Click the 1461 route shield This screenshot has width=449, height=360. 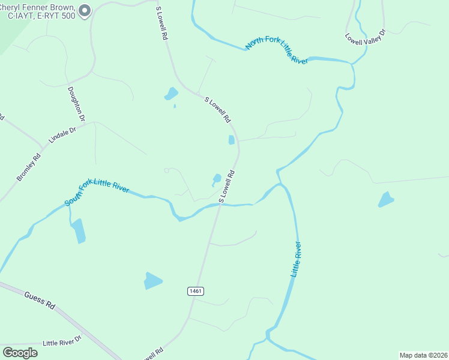point(196,291)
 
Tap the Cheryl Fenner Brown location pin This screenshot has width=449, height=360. point(85,10)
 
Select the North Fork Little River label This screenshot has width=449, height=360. point(276,52)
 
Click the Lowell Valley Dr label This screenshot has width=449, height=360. point(364,37)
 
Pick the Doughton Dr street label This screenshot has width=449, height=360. point(77,103)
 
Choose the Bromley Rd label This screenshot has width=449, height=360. point(28,168)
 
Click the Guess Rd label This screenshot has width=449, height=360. point(40,299)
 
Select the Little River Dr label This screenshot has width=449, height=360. point(61,342)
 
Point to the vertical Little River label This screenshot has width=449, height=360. point(296,259)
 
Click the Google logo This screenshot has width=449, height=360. point(20,353)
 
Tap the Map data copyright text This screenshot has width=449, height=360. point(423,355)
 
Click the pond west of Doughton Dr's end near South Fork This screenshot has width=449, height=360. point(78,231)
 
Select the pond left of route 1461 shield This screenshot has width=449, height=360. point(153,280)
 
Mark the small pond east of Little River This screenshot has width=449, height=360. point(386,200)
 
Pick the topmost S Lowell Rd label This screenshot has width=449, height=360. point(160,24)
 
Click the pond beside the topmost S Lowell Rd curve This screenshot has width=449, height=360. point(171,94)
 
